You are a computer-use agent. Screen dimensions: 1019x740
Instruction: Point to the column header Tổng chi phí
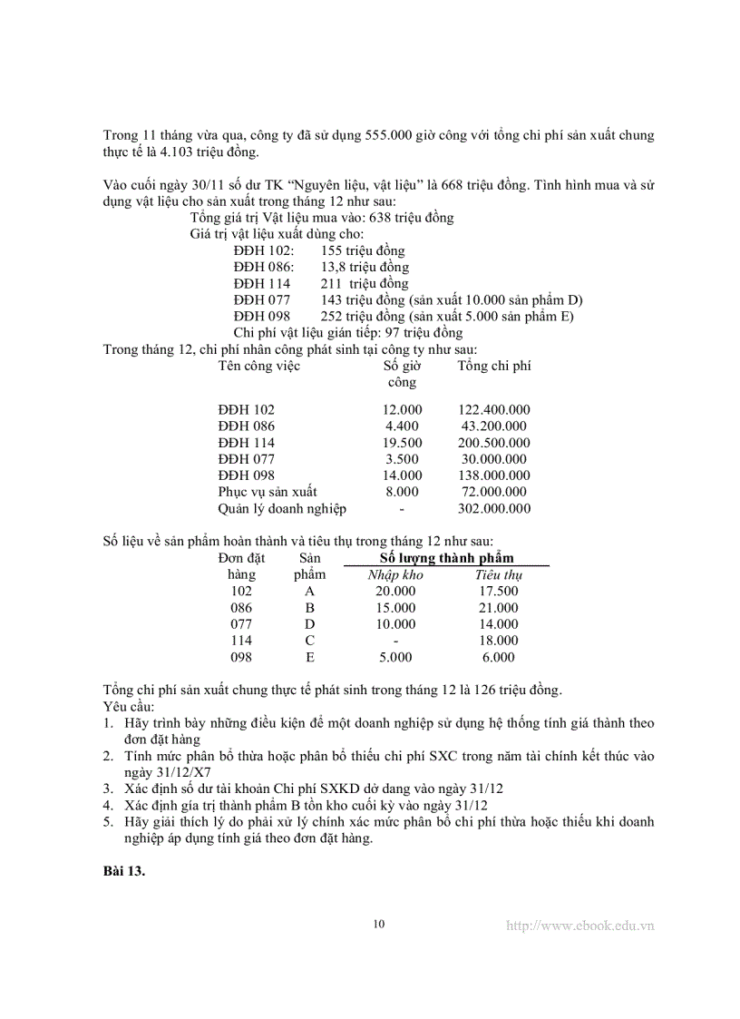click(494, 366)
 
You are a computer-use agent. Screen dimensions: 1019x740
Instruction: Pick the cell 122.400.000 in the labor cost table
click(494, 410)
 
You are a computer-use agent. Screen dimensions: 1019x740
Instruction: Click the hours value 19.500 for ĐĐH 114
click(403, 443)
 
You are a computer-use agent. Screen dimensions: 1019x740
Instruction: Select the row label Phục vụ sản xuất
click(268, 492)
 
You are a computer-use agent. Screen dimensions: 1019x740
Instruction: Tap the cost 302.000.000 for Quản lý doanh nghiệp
click(494, 508)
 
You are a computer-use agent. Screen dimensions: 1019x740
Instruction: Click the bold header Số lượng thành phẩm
click(447, 557)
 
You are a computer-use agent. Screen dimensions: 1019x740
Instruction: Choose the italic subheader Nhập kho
click(395, 574)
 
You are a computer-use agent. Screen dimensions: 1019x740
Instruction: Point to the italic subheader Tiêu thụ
click(499, 574)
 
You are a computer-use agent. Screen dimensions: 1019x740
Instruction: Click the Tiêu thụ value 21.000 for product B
click(499, 608)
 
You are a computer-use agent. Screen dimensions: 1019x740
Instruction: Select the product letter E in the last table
click(310, 657)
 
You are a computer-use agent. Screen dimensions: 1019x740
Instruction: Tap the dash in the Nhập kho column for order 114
click(395, 641)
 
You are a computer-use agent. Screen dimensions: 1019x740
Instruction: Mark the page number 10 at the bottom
click(379, 924)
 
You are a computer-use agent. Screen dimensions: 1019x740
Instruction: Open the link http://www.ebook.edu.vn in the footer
click(580, 926)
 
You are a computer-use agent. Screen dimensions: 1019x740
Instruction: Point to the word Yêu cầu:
click(129, 706)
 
